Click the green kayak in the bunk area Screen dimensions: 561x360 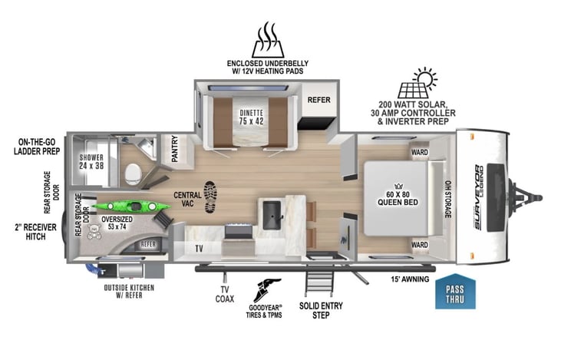(131, 206)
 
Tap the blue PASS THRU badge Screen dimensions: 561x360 (455, 292)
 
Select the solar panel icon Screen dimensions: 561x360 (417, 83)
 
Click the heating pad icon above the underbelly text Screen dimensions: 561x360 (268, 40)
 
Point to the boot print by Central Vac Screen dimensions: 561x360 (210, 197)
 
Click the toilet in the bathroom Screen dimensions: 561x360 (133, 174)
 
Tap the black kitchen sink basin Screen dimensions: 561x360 (272, 215)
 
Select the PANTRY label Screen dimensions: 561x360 (175, 148)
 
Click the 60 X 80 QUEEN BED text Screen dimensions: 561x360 (398, 198)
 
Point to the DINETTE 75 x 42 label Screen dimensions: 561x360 (252, 117)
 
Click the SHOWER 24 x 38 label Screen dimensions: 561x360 (91, 161)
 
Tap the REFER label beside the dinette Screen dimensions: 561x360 (318, 100)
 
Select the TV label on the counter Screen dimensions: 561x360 (199, 248)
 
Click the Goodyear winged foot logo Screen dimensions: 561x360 (266, 290)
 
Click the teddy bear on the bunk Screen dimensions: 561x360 (94, 231)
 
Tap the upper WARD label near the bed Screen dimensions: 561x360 (419, 153)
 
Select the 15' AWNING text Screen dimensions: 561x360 (410, 279)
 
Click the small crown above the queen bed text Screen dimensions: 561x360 (398, 186)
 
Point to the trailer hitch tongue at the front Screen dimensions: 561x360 (525, 197)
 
